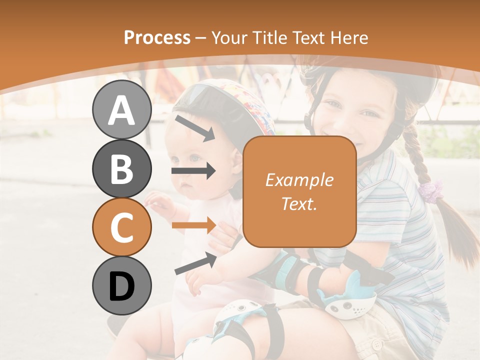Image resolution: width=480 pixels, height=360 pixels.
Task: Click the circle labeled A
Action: pos(121,109)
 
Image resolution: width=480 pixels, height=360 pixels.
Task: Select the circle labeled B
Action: pos(121,168)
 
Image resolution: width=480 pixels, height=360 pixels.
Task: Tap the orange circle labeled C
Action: pos(121,227)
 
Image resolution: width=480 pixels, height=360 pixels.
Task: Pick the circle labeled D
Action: pos(121,285)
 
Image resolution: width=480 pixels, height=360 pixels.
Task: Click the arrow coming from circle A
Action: pos(194,128)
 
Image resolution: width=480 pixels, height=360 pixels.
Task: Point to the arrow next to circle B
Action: pos(193,171)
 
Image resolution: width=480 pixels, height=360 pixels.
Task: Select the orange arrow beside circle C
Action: pos(193,225)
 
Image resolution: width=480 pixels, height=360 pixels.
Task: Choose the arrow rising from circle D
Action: pos(195,263)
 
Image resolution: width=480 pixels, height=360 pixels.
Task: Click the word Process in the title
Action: pos(157,37)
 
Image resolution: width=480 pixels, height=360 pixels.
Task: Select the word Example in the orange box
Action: pos(299,180)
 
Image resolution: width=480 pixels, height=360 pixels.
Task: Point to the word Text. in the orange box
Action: pos(299,203)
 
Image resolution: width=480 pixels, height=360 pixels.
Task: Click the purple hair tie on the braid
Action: pos(431,190)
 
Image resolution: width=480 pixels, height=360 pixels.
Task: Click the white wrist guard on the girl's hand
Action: pos(350,300)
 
